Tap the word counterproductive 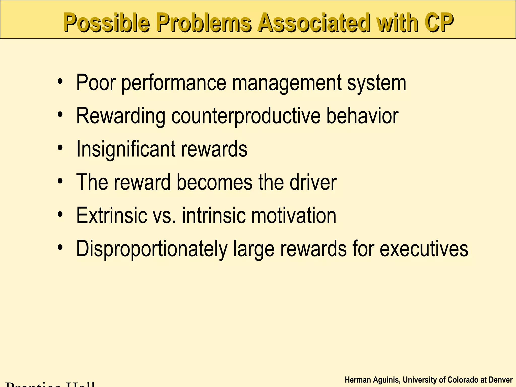pos(246,116)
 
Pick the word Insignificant pos(126,149)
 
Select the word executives pos(424,249)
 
